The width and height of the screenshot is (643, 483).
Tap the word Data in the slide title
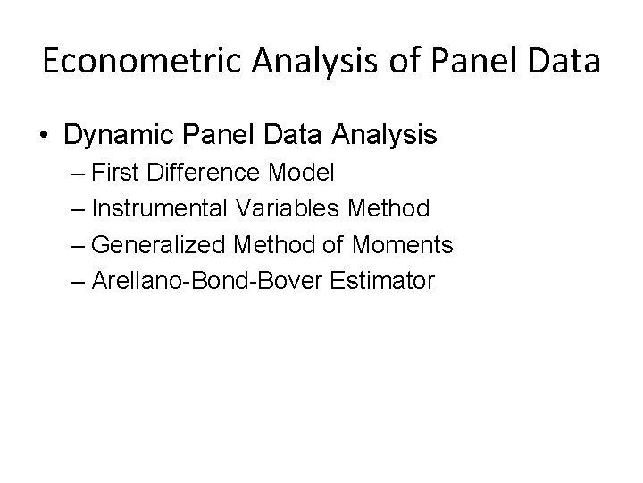click(564, 64)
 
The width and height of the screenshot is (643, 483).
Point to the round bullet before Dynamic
click(45, 136)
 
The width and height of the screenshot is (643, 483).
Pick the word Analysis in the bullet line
click(385, 136)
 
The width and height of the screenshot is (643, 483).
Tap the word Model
click(305, 173)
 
